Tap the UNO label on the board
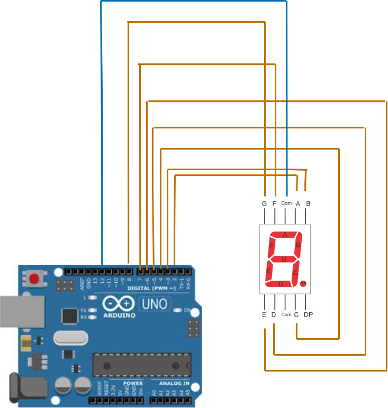pos(154,304)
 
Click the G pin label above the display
pos(264,203)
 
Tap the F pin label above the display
pos(275,203)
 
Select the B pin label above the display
pos(308,203)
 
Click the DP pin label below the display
pos(309,315)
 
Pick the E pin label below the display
pos(264,315)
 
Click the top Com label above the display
pos(286,203)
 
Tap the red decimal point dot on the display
pos(303,284)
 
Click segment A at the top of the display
pos(285,235)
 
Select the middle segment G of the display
pos(284,259)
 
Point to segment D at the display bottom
pos(281,284)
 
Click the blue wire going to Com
pos(193,2)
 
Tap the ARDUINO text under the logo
pos(119,315)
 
